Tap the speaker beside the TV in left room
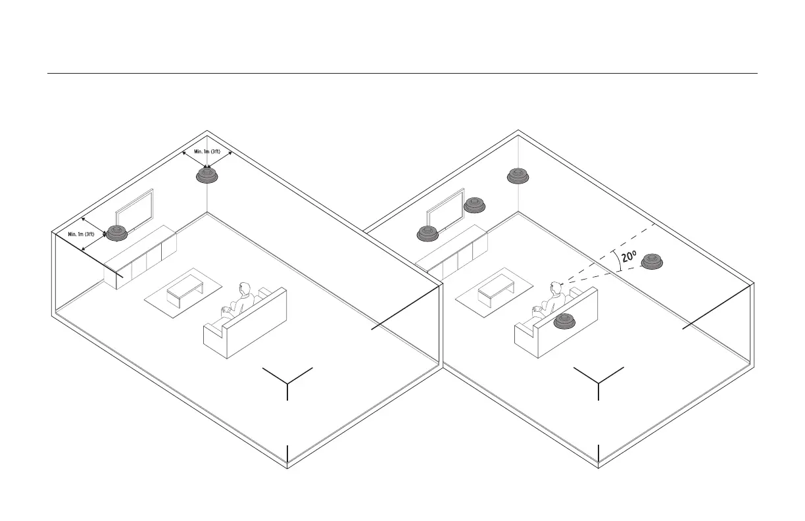point(118,232)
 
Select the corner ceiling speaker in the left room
point(208,176)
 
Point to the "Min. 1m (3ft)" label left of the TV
point(82,234)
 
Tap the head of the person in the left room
point(245,289)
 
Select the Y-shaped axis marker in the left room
point(287,380)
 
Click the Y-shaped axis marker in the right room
point(598,380)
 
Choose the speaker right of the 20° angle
point(652,261)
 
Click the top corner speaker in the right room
point(518,176)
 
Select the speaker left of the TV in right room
point(428,233)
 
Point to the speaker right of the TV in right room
point(475,205)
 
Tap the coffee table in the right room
point(495,290)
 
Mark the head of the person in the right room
point(556,288)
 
